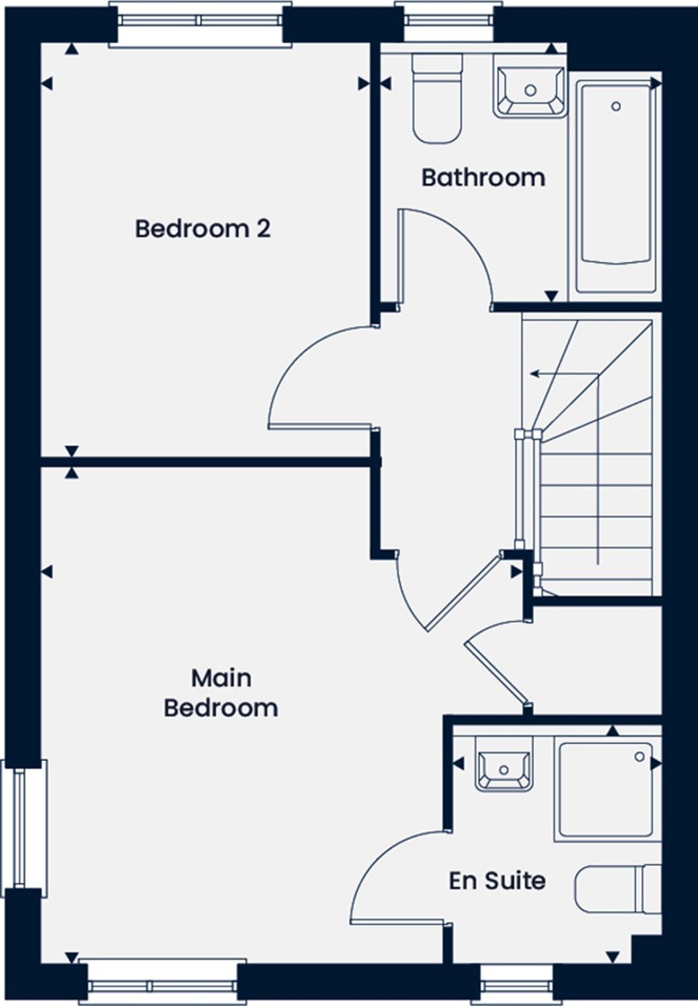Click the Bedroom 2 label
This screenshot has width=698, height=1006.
click(202, 229)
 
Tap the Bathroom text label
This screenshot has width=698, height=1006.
click(483, 177)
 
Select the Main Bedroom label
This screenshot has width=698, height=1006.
click(221, 693)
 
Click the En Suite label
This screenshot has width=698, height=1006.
click(497, 881)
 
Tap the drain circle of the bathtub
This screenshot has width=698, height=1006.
click(616, 106)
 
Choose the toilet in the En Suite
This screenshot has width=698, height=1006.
click(617, 889)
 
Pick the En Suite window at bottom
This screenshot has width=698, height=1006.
click(516, 985)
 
